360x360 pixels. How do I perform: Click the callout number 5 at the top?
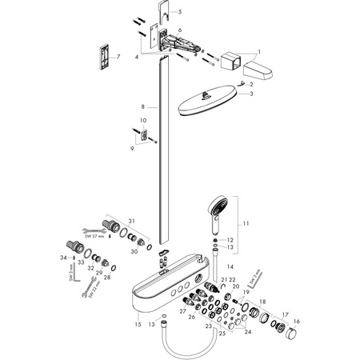click(180, 12)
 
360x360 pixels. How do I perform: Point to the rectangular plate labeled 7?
click(105, 58)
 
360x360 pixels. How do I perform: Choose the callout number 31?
click(132, 221)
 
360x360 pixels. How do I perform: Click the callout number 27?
click(182, 310)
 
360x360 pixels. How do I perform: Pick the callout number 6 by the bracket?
click(180, 30)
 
